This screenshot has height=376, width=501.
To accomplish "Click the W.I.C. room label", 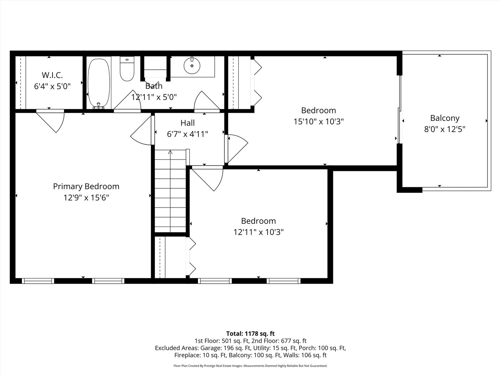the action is [52, 75].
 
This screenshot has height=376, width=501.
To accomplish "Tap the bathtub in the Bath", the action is [99, 83].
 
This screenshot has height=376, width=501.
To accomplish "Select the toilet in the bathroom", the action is [127, 69].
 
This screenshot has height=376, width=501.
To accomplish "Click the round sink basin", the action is [192, 66].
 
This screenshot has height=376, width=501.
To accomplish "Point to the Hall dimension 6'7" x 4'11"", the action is [188, 134].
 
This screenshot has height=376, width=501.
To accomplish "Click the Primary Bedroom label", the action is [86, 187].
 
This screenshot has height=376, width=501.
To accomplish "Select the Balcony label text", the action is [445, 118].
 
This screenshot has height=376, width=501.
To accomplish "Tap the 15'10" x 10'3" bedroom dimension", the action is [319, 122].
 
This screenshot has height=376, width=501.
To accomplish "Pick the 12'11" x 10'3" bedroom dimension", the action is [259, 232].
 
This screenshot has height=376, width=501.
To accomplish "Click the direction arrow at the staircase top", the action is [170, 152].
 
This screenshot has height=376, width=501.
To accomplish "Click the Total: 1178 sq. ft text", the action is [250, 334].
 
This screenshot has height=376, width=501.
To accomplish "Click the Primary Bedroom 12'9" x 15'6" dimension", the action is [86, 198].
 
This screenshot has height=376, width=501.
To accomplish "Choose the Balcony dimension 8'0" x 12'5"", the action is [445, 130].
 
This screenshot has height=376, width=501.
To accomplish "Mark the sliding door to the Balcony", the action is [400, 109].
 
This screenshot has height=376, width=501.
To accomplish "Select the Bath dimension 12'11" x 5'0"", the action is [154, 97].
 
